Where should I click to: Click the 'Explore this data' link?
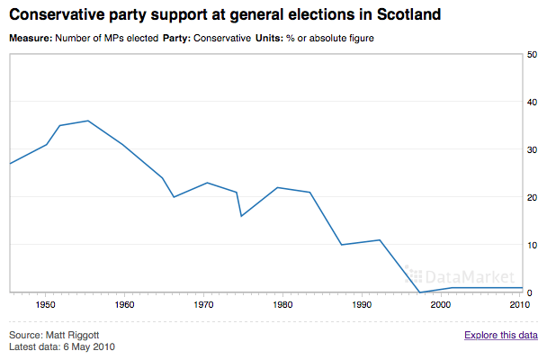click(x=501, y=336)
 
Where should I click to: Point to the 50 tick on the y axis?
click(x=533, y=55)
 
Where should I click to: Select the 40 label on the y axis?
click(x=533, y=103)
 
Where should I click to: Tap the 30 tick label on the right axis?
click(x=533, y=150)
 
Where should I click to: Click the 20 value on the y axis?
click(x=533, y=198)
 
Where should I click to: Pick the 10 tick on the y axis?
click(x=533, y=246)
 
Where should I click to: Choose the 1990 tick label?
click(x=361, y=305)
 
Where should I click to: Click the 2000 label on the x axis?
click(x=440, y=305)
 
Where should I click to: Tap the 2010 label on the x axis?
click(x=518, y=305)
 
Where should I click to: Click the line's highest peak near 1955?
click(x=87, y=121)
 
